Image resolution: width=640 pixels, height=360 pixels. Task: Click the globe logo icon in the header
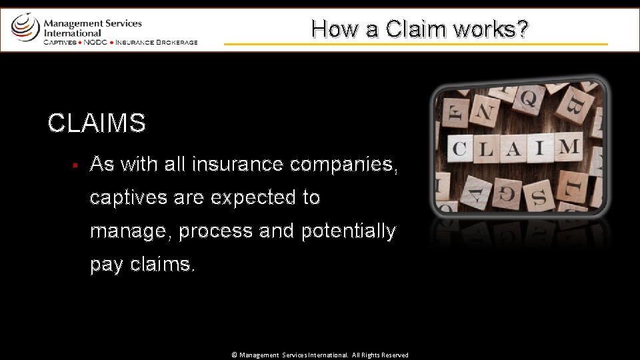[x=25, y=27]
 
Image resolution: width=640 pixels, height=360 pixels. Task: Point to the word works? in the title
[x=493, y=29]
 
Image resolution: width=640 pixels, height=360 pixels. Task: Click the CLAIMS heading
[x=97, y=123]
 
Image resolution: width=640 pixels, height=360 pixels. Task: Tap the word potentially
[x=349, y=231]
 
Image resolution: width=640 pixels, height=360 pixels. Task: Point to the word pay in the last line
[x=107, y=265]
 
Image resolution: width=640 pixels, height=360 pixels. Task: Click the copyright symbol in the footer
[x=234, y=355]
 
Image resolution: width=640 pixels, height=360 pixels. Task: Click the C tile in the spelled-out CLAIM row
[x=459, y=148]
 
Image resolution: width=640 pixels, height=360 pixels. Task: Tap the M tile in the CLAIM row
[x=567, y=145]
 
